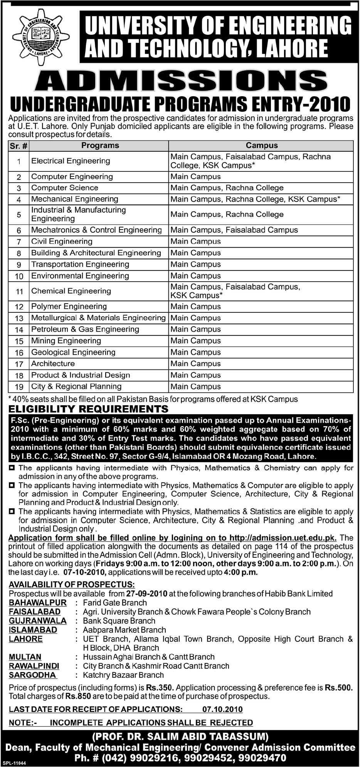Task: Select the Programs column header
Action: [100, 146]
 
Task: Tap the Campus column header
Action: [261, 146]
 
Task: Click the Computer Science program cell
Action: [65, 188]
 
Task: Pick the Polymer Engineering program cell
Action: [69, 307]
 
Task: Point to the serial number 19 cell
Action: [19, 387]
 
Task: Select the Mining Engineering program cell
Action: [66, 341]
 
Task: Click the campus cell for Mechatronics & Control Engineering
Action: [234, 230]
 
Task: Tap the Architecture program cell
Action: [53, 364]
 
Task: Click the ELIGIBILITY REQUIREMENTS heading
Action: [89, 409]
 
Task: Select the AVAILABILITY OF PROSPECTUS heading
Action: [72, 584]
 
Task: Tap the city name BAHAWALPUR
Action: [38, 603]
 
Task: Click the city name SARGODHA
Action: [33, 675]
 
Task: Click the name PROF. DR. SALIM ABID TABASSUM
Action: [180, 737]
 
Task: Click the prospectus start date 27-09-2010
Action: [146, 594]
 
